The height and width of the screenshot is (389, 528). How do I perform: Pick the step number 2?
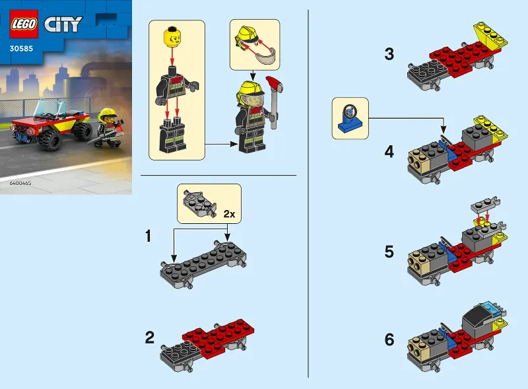pyautogui.click(x=150, y=339)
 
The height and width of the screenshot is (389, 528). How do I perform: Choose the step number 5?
pyautogui.click(x=389, y=252)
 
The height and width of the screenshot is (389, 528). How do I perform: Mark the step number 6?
pyautogui.click(x=389, y=340)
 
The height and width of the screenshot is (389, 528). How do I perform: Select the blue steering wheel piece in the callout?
pyautogui.click(x=350, y=118)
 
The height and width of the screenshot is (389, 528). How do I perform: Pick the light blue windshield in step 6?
pyautogui.click(x=489, y=307)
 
